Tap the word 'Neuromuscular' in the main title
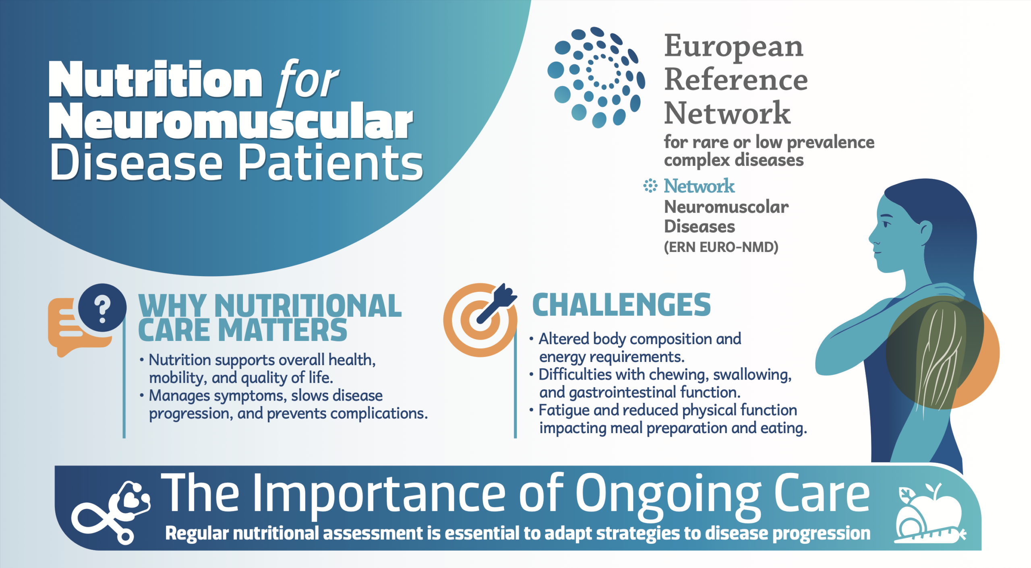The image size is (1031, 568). click(x=231, y=120)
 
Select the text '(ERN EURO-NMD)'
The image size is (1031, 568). click(x=721, y=247)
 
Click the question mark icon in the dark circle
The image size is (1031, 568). click(x=102, y=308)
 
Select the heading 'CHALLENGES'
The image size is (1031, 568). click(x=621, y=305)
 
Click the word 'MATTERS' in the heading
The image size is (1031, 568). click(x=282, y=330)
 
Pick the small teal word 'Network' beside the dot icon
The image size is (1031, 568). click(x=699, y=186)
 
